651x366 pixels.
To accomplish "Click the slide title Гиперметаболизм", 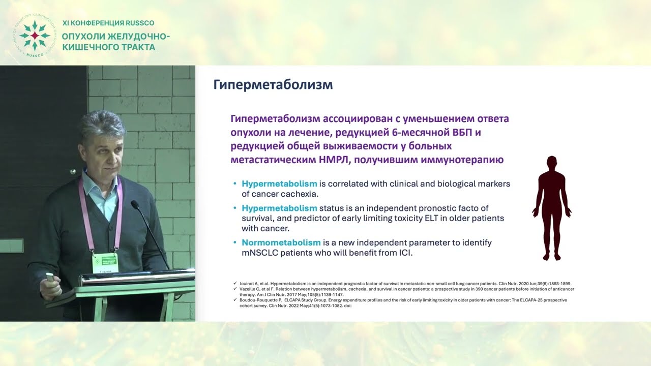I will pyautogui.click(x=273, y=85).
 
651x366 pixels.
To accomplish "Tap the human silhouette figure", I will pyautogui.click(x=552, y=208).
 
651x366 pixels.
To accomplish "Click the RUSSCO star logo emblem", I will pyautogui.click(x=34, y=36).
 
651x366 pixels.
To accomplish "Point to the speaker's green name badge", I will pyautogui.click(x=105, y=262).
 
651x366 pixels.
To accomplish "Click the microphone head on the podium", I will pyautogui.click(x=135, y=204).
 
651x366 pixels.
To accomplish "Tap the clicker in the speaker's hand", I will pyautogui.click(x=50, y=277).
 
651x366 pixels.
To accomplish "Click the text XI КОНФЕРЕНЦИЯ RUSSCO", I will pyautogui.click(x=108, y=23).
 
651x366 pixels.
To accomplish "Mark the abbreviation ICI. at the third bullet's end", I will pyautogui.click(x=403, y=253).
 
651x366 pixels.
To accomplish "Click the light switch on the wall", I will pyautogui.click(x=11, y=246).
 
